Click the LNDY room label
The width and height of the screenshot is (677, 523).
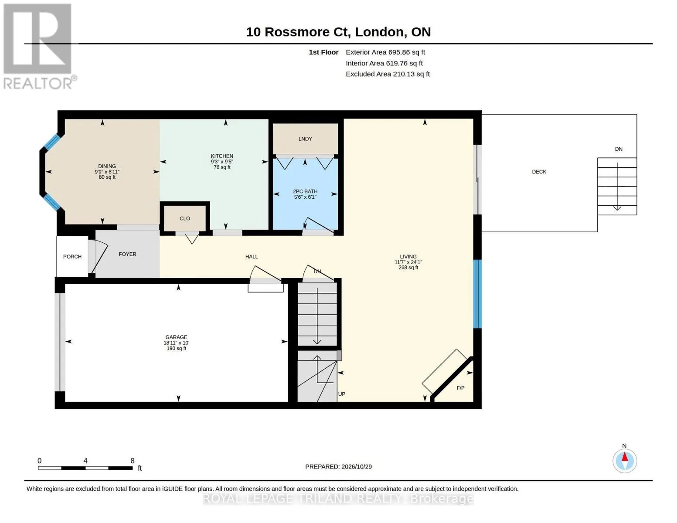pyautogui.click(x=305, y=139)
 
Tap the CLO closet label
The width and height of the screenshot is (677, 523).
pyautogui.click(x=185, y=219)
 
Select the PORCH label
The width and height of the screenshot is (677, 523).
pyautogui.click(x=72, y=257)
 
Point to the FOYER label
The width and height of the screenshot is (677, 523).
pyautogui.click(x=127, y=254)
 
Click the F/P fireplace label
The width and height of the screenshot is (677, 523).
pyautogui.click(x=460, y=388)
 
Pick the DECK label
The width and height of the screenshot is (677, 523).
pyautogui.click(x=539, y=172)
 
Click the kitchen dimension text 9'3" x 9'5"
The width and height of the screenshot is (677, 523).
pyautogui.click(x=222, y=162)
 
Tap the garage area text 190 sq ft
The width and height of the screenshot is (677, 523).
pyautogui.click(x=177, y=348)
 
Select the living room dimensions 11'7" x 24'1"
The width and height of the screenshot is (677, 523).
pyautogui.click(x=408, y=262)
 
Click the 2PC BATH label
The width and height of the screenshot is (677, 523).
pyautogui.click(x=305, y=192)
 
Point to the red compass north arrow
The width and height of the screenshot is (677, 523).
pyautogui.click(x=625, y=457)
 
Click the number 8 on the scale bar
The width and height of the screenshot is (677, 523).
pyautogui.click(x=133, y=461)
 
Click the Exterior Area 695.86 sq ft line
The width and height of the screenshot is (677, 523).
pyautogui.click(x=385, y=52)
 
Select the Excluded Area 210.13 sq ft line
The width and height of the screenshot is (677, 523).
pyautogui.click(x=388, y=74)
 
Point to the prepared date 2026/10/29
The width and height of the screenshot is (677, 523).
pyautogui.click(x=357, y=467)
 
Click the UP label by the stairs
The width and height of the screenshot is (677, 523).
pyautogui.click(x=341, y=394)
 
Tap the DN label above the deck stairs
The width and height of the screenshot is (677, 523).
pyautogui.click(x=619, y=149)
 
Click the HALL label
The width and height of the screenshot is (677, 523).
pyautogui.click(x=252, y=257)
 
